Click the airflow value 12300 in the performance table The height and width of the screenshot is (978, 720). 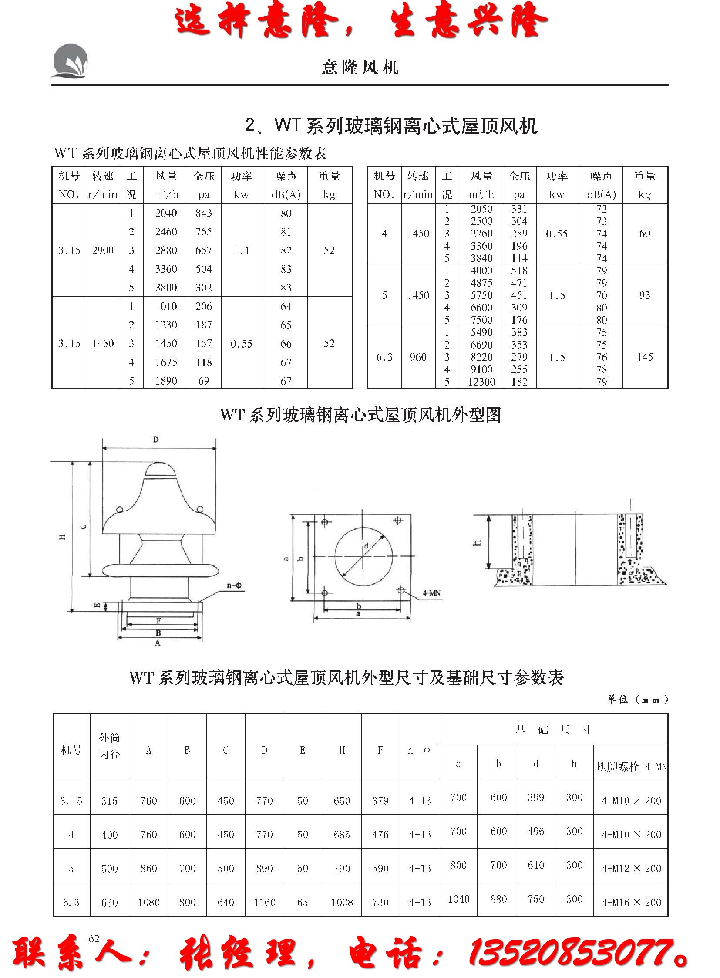coord(481,382)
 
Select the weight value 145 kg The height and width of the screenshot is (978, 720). coord(645,357)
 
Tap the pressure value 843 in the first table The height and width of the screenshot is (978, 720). coord(204,213)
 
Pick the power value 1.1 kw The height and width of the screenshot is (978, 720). coord(241,251)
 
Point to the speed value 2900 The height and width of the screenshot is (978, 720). coord(103,250)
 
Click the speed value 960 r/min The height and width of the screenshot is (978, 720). coord(418,357)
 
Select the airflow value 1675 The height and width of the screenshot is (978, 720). coord(166,362)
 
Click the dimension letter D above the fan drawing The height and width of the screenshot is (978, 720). coord(155,440)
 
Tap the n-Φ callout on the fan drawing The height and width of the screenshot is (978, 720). coord(235,585)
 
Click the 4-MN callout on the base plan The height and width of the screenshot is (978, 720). coord(431,593)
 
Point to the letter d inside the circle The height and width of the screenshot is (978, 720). coord(367,546)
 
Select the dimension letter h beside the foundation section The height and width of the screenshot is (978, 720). coord(478,542)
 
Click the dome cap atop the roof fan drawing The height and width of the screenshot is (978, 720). coord(159,469)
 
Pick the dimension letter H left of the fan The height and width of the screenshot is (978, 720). coord(63,537)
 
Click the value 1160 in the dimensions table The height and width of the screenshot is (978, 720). coord(265,902)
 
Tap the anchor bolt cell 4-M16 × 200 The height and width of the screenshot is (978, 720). coord(631,902)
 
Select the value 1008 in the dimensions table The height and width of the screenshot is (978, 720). coord(342,902)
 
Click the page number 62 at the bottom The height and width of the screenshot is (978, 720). coord(94,939)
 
